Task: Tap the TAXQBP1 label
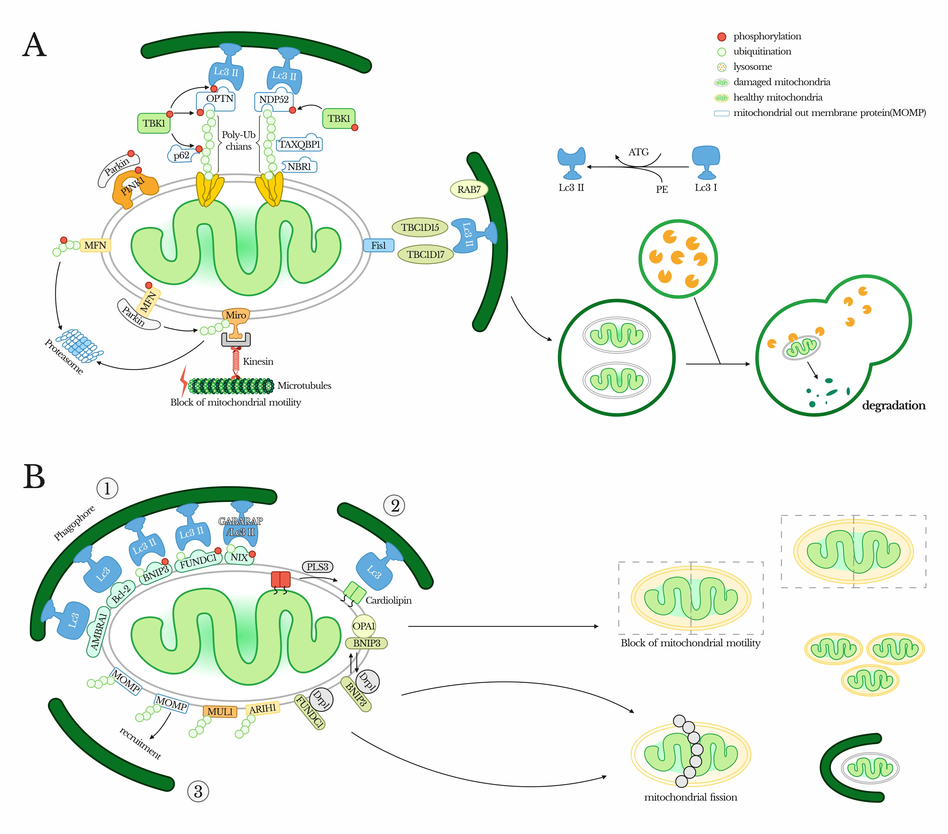tap(300, 144)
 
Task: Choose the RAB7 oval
tap(469, 189)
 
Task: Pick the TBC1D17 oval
tap(425, 254)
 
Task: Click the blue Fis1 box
tap(378, 245)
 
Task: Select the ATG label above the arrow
tap(638, 152)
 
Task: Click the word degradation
tap(893, 405)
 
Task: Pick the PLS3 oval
tap(317, 567)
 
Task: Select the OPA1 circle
tap(364, 626)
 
